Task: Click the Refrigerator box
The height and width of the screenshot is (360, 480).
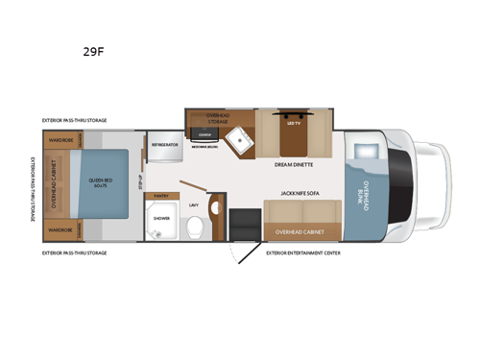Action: tap(162, 145)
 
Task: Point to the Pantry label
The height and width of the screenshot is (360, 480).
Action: tap(160, 195)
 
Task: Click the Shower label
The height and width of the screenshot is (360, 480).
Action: tap(160, 217)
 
